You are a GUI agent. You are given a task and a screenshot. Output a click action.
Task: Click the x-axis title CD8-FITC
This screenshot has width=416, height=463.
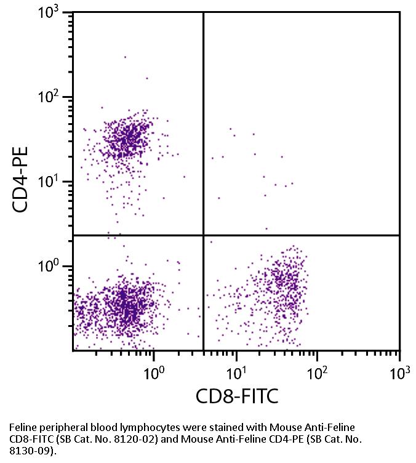237,396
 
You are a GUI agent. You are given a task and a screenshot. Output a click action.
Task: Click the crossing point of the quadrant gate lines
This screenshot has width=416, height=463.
203,235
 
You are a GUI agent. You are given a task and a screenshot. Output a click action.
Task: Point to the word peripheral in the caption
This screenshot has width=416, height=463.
60,426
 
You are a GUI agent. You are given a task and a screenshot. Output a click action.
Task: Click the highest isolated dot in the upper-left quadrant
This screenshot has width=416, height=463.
125,57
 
